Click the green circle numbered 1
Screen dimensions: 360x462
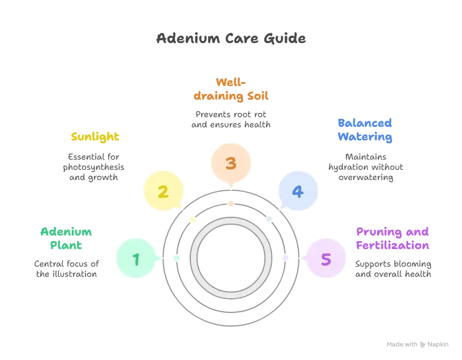click(136, 259)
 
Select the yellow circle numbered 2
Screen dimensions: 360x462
click(163, 191)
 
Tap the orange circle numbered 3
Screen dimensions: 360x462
click(230, 163)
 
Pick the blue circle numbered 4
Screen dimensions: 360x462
click(297, 191)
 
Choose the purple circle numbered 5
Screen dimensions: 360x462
click(326, 259)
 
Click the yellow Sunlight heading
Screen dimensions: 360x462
click(96, 136)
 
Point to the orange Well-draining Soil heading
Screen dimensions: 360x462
click(231, 89)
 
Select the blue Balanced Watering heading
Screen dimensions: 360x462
click(365, 130)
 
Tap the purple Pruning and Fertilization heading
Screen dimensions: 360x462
click(392, 239)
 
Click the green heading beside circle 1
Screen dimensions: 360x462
click(67, 239)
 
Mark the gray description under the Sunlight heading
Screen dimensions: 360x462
click(93, 165)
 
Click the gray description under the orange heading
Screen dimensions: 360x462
click(231, 119)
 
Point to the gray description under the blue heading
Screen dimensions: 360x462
click(365, 166)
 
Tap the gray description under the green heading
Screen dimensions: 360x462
click(66, 269)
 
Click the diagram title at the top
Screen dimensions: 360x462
click(231, 38)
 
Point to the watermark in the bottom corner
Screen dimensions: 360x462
click(416, 344)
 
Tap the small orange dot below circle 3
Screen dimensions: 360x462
click(230, 203)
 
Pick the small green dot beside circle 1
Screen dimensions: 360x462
click(176, 258)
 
